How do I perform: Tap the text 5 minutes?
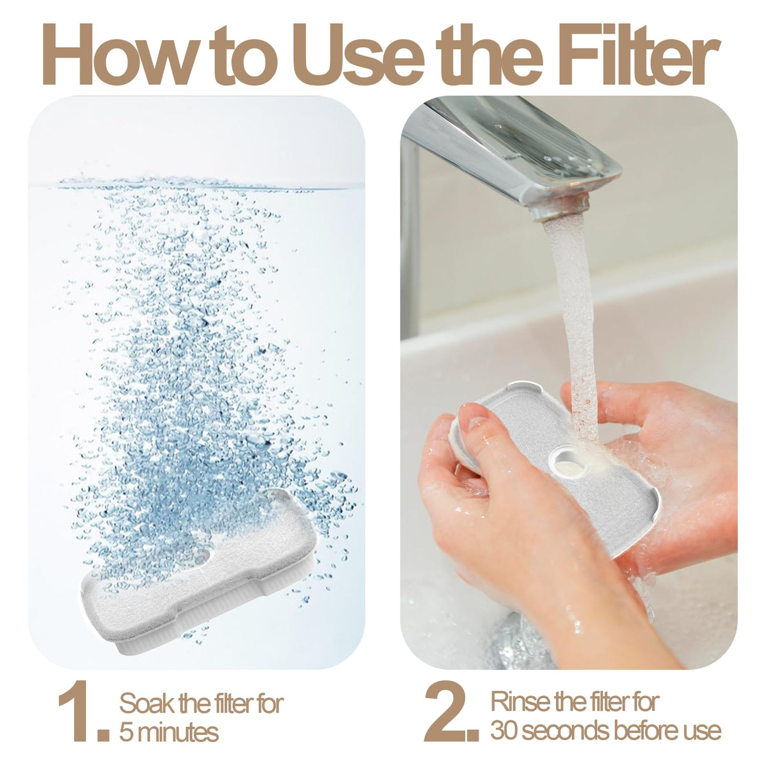click(169, 720)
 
